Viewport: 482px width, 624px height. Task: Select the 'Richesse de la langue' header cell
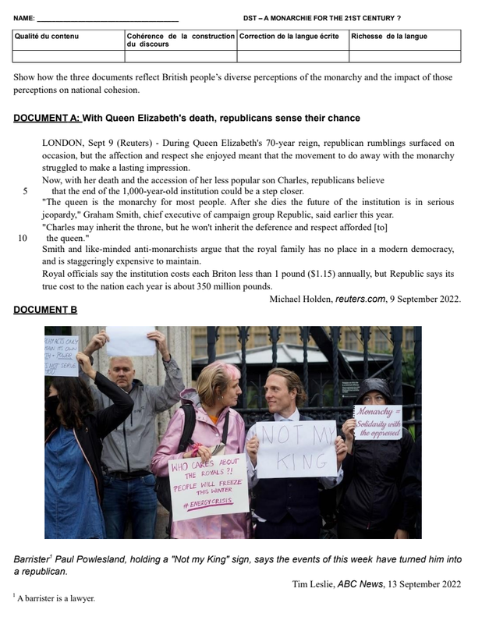(388, 36)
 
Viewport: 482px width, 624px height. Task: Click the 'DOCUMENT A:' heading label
(47, 119)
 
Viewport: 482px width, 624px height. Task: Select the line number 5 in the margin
(26, 191)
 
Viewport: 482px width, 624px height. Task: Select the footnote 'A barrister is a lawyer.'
(55, 598)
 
